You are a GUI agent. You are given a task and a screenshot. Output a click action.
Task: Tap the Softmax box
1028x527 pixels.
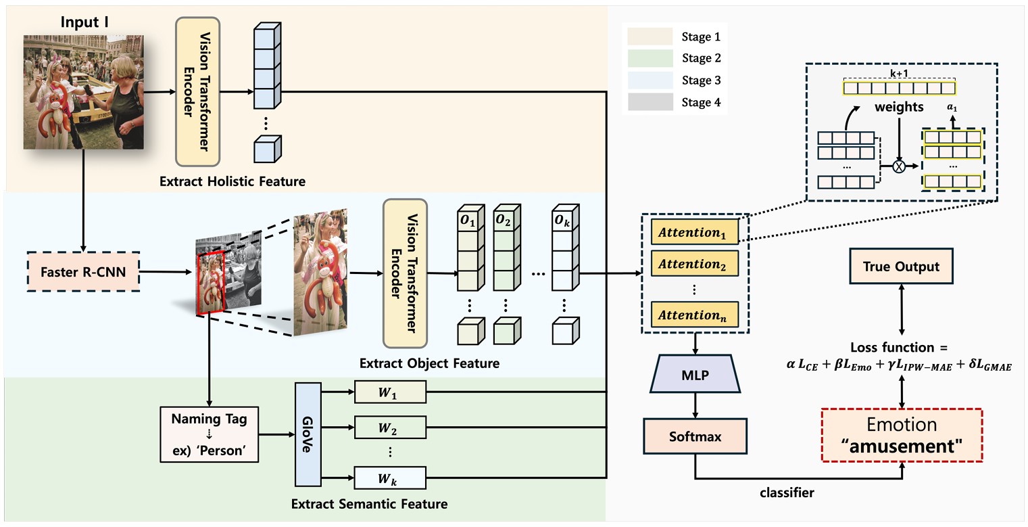pyautogui.click(x=695, y=436)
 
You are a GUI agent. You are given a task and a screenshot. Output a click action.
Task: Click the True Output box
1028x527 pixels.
pyautogui.click(x=900, y=267)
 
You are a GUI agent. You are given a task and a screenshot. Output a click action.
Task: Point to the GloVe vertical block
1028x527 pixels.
pyautogui.click(x=307, y=434)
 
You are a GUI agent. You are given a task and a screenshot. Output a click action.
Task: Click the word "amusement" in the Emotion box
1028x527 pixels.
pyautogui.click(x=902, y=446)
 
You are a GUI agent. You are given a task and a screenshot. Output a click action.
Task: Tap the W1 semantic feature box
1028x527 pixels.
pyautogui.click(x=390, y=391)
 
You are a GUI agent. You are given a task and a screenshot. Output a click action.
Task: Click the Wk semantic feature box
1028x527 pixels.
pyautogui.click(x=390, y=479)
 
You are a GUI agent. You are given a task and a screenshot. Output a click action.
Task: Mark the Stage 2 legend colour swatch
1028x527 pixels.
pyautogui.click(x=650, y=58)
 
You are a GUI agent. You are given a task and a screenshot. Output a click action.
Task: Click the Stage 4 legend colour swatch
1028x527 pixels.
pyautogui.click(x=650, y=102)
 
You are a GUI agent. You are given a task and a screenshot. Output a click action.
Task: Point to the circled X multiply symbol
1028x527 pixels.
pyautogui.click(x=899, y=166)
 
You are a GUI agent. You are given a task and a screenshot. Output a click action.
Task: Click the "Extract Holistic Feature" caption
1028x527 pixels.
pyautogui.click(x=232, y=181)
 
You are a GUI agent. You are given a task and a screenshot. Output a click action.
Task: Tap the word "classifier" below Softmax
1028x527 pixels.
pyautogui.click(x=787, y=493)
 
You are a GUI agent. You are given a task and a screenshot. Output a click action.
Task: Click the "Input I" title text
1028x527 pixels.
pyautogui.click(x=84, y=22)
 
